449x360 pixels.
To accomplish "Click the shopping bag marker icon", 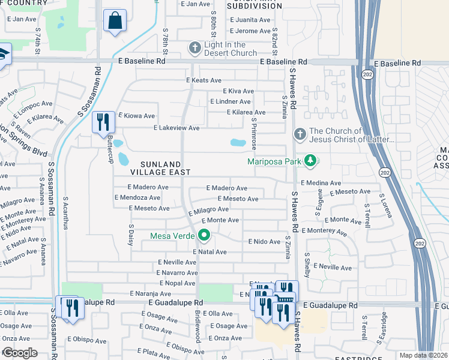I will [x=115, y=20].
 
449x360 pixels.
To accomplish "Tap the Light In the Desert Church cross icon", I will [x=194, y=47].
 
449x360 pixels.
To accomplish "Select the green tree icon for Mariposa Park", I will [x=310, y=160].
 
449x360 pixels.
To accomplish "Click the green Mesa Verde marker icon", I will [x=204, y=236].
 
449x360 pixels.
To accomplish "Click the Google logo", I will [x=20, y=352].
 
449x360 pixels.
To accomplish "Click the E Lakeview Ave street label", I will [x=176, y=128].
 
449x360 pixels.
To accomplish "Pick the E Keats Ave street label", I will [x=203, y=80].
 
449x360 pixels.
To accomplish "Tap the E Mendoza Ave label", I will [x=137, y=197].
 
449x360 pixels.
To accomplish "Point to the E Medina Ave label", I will [x=321, y=183].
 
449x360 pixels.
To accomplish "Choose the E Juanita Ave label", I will [x=250, y=19].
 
